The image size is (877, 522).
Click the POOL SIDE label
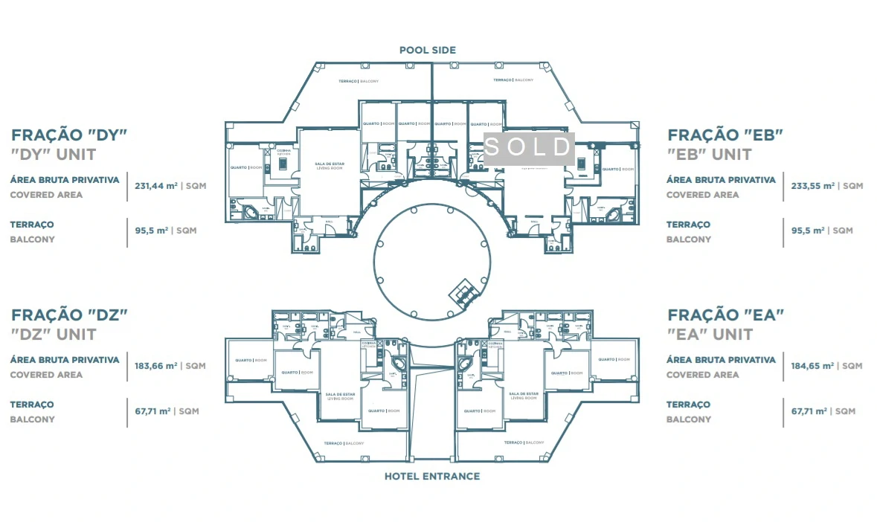(427, 50)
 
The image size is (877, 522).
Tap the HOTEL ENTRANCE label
(431, 476)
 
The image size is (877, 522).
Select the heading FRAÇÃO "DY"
(70, 135)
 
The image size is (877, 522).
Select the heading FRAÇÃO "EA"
(725, 315)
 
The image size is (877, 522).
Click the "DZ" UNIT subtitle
(54, 334)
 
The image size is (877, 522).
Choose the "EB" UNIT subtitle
(710, 155)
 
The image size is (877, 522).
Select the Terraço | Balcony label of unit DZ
(344, 443)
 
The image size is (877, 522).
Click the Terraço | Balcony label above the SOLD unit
(513, 80)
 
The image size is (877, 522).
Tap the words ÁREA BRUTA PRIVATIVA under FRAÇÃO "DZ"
(65, 360)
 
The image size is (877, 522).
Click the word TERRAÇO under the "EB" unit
(688, 225)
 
